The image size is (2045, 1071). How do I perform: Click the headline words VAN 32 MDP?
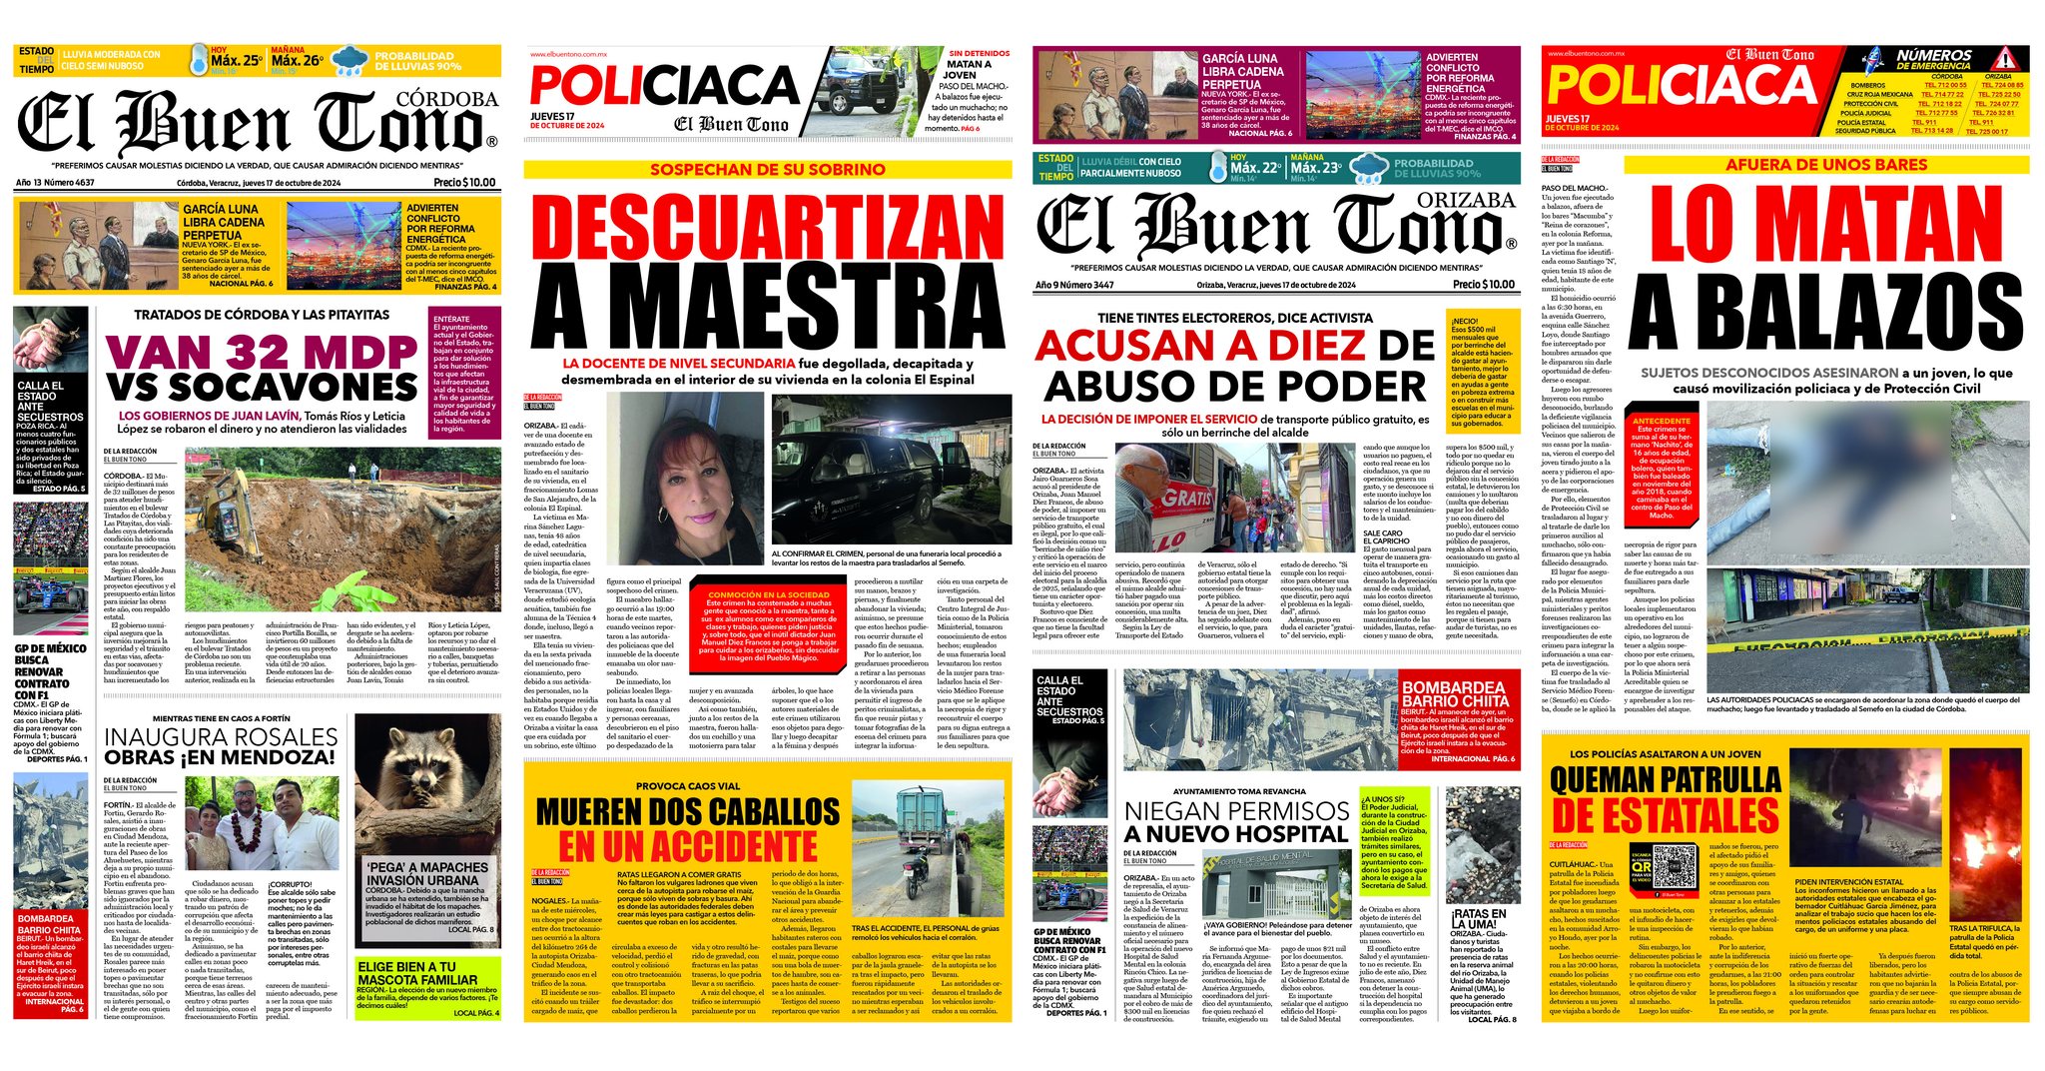point(261,352)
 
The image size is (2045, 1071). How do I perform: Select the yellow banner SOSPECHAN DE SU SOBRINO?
point(765,170)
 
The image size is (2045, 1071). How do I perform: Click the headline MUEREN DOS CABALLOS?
point(688,812)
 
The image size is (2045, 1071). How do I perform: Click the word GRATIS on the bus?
point(1187,496)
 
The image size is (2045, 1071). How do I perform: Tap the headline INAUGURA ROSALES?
point(222,736)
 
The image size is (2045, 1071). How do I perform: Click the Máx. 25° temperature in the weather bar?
point(236,61)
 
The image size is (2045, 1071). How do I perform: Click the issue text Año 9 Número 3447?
point(1074,285)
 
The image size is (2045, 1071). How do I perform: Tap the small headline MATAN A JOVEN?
point(968,69)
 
